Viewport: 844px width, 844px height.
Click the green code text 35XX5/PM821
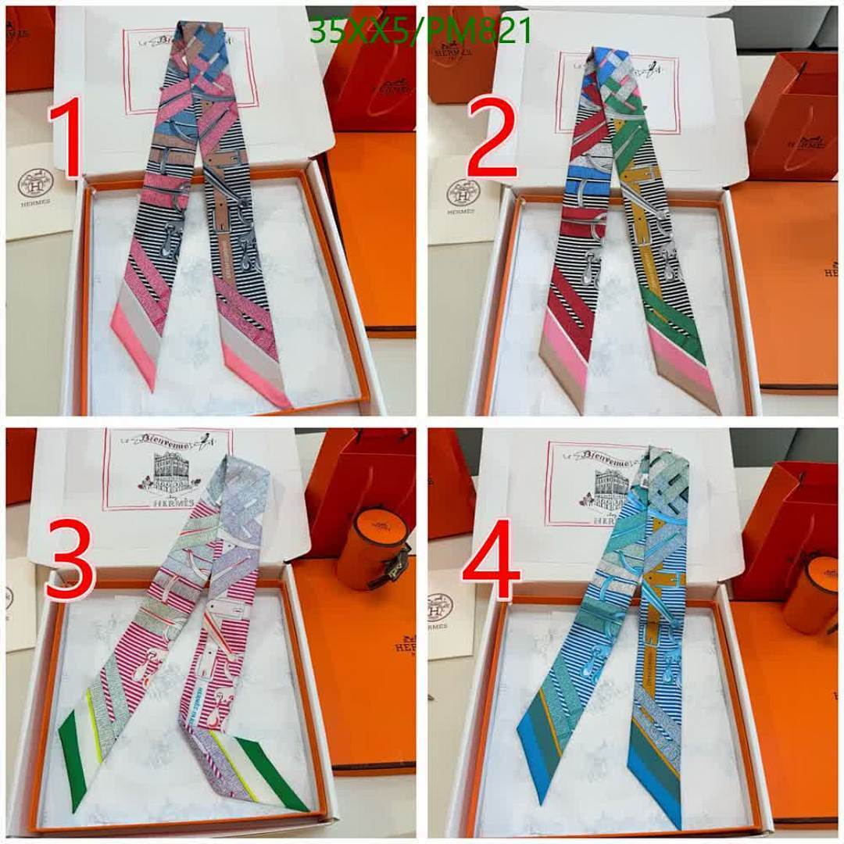pyautogui.click(x=420, y=31)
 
